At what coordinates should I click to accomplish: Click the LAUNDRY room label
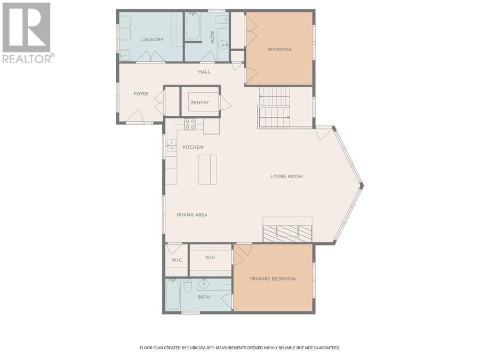click(x=152, y=39)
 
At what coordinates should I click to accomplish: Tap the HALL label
click(x=204, y=72)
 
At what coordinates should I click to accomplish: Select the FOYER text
click(x=141, y=94)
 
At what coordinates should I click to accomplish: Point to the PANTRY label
click(x=200, y=102)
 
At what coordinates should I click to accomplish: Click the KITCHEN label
click(x=193, y=147)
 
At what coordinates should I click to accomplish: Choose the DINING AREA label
click(x=192, y=215)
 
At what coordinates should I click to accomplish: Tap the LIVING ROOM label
click(x=286, y=177)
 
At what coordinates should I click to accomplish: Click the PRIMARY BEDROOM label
click(x=273, y=279)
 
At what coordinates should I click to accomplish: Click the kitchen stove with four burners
click(x=190, y=124)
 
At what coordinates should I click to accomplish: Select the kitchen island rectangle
click(x=207, y=170)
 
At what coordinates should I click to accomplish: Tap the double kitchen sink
click(x=171, y=146)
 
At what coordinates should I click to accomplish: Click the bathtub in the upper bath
click(x=193, y=26)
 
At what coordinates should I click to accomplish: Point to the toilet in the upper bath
click(x=222, y=20)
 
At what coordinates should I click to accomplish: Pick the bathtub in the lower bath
click(x=173, y=295)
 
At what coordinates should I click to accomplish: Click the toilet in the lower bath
click(x=188, y=286)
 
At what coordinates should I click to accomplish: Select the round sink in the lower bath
click(x=203, y=285)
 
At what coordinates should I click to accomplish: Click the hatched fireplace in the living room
click(x=287, y=234)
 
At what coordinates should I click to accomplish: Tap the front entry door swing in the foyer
click(x=135, y=116)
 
